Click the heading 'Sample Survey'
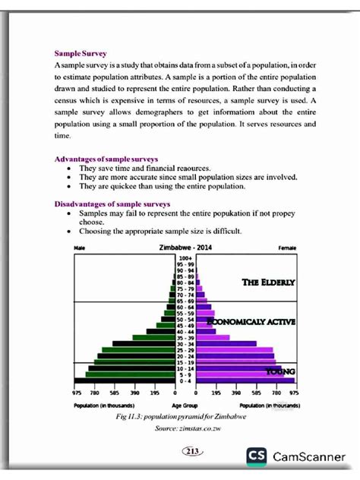(81, 54)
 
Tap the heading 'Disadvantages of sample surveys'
(112, 204)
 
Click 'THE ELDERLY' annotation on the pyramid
(268, 282)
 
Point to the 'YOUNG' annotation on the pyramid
(279, 371)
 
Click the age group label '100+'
(185, 258)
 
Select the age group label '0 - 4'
(185, 381)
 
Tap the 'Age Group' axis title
(185, 406)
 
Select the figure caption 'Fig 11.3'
(131, 418)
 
